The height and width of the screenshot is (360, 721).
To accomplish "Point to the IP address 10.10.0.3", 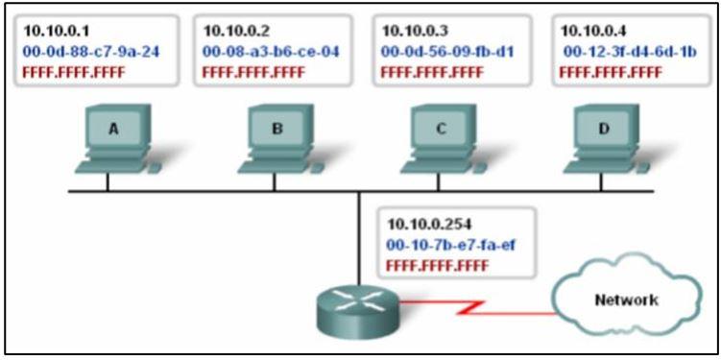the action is [x=414, y=30].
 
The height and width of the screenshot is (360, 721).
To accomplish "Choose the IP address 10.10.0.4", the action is [x=591, y=30].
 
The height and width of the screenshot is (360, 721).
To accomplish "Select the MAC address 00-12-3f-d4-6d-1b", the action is [x=623, y=50].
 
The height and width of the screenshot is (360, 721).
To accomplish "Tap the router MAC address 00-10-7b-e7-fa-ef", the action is [x=450, y=246].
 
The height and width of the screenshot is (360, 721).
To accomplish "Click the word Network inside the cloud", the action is [x=625, y=300].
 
